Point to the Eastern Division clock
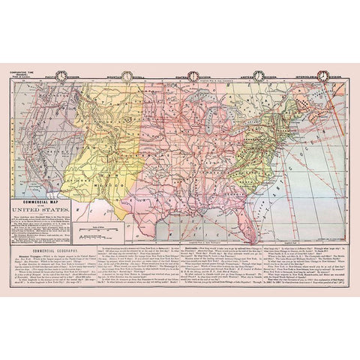(257, 74)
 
